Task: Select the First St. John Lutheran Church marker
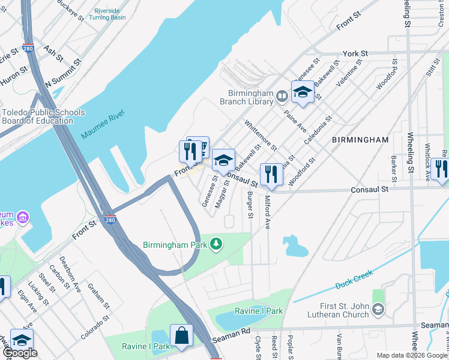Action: pos(377,310)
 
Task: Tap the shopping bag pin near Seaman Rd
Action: pos(181,336)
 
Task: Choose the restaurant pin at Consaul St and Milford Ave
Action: pos(271,174)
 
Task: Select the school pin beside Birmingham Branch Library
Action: pos(303,92)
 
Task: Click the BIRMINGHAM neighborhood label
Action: pos(360,139)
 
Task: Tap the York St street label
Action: pos(354,53)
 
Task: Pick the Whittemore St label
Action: pos(260,135)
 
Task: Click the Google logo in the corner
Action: pos(20,353)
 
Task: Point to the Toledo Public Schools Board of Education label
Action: pos(37,116)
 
